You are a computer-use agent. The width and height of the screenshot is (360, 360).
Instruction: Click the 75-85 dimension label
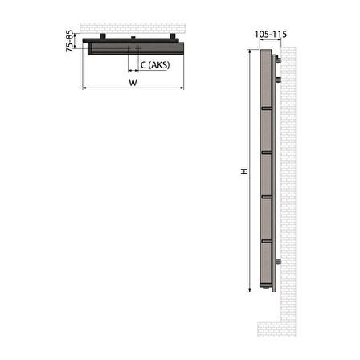[71, 41]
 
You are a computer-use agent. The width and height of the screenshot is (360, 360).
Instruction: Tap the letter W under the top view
[132, 82]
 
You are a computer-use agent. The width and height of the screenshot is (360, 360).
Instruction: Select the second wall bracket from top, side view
[278, 80]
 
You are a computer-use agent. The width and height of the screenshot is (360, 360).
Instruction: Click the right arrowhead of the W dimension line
[182, 88]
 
